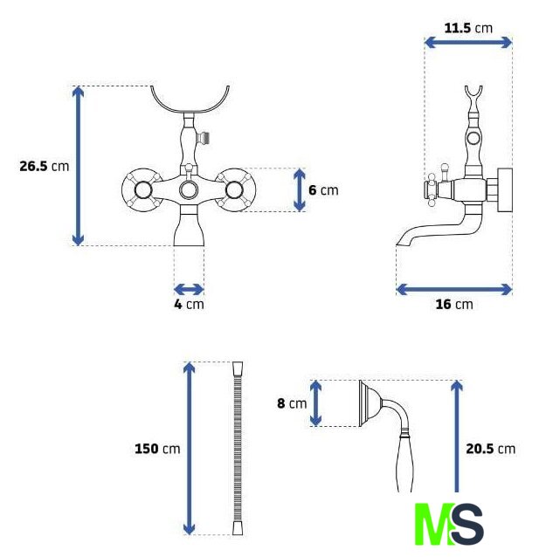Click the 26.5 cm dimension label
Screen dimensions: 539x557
[x=44, y=166]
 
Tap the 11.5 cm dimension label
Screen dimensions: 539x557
[x=468, y=28]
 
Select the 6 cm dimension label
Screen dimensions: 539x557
[x=323, y=190]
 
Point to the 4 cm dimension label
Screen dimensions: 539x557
[x=189, y=304]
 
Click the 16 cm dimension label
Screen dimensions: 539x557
[x=454, y=304]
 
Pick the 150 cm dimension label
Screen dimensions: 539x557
[x=157, y=449]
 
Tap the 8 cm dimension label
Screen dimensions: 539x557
[x=292, y=403]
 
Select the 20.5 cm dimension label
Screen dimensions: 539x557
[x=491, y=449]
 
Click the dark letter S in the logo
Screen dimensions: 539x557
[x=466, y=524]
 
